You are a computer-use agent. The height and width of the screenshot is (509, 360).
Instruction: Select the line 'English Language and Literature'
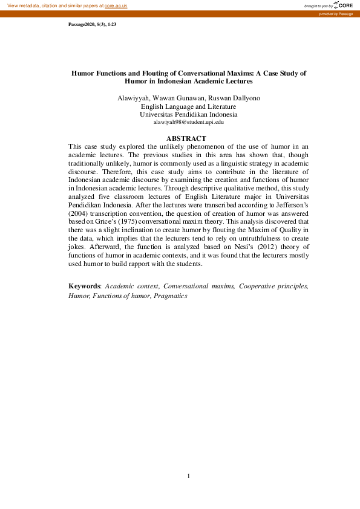pyautogui.click(x=188, y=106)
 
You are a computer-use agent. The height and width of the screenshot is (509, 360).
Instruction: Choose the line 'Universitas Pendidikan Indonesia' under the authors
pyautogui.click(x=188, y=114)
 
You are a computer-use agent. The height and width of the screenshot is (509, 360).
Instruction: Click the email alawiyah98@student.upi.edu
pyautogui.click(x=188, y=122)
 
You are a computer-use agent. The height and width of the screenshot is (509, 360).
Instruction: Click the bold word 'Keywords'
pyautogui.click(x=84, y=285)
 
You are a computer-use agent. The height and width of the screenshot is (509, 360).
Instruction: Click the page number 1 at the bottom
pyautogui.click(x=189, y=476)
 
